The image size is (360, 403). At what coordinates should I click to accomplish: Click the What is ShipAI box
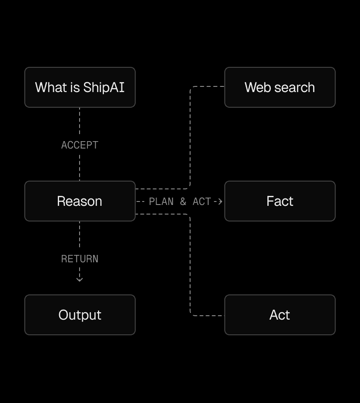pos(80,87)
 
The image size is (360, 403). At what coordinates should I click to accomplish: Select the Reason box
pos(80,201)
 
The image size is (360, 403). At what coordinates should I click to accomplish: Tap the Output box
pos(80,315)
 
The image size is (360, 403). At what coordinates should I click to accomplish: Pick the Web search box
pos(280,87)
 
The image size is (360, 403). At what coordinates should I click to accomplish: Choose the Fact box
pos(280,201)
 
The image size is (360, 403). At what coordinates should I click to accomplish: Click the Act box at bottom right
pos(280,315)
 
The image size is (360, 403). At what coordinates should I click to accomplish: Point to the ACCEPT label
pos(80,145)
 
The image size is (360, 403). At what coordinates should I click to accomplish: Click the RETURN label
pos(80,259)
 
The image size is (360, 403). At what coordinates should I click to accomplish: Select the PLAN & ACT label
pos(180,201)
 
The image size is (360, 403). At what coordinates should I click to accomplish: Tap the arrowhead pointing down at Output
pos(80,279)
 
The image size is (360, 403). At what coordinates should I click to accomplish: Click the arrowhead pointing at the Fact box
pos(220,201)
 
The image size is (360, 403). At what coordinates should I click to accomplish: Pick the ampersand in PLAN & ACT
pos(183,201)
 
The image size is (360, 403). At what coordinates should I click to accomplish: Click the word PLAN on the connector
pos(161,201)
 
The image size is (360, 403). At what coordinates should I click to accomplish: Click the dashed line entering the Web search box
pos(209,86)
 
